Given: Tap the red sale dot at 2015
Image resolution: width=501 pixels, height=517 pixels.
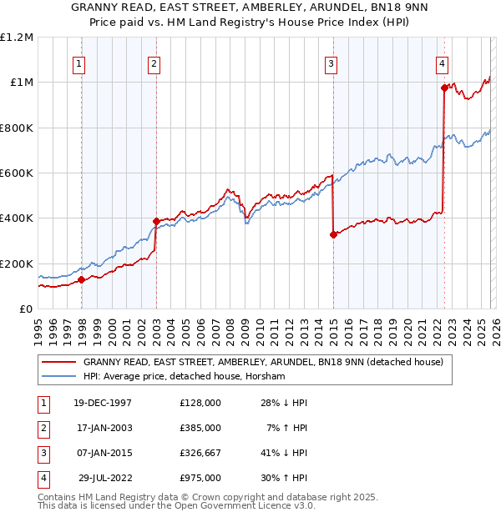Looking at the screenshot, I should coord(333,235).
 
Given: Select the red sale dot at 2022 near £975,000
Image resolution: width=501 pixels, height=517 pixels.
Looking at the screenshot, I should coord(444,88).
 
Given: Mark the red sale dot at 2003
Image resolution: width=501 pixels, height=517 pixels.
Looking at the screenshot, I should coord(156,222).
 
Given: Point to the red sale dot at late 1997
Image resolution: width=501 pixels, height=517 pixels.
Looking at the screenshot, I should coord(82,280).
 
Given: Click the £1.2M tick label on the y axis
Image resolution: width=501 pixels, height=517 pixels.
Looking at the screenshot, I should coord(17,38).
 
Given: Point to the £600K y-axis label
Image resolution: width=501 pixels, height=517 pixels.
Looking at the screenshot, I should coord(17,173).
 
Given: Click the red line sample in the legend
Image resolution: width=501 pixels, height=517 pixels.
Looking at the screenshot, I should coord(58,363).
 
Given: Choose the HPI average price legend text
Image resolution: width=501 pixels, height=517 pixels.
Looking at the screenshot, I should coord(184,376).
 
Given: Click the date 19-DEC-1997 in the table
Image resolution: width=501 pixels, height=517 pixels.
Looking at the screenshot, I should coord(102,403).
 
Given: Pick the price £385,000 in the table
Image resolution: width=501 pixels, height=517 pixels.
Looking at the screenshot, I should coord(200,428).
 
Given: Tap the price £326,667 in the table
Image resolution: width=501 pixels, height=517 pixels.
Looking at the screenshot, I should coord(200,453).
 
